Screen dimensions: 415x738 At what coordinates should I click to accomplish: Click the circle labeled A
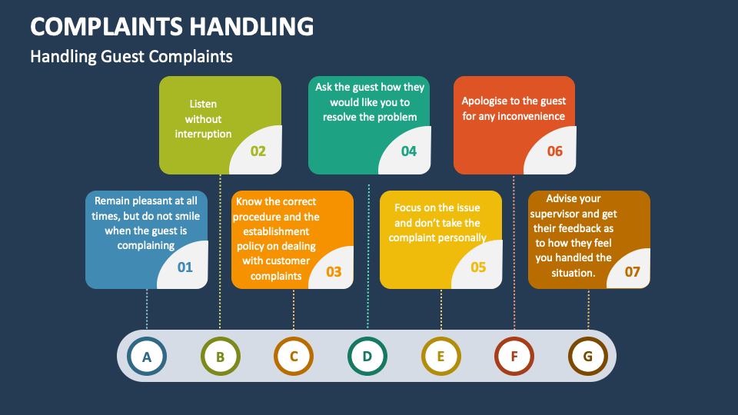147,357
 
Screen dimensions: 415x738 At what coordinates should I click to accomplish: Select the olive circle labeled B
220,357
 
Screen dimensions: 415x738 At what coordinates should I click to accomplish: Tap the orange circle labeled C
294,357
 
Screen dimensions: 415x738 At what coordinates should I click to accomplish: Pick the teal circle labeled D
367,357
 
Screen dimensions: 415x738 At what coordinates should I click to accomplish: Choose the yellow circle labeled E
441,357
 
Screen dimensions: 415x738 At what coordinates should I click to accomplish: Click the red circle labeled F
514,357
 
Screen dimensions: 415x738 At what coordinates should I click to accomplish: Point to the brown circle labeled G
588,357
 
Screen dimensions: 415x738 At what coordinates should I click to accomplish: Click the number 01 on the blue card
185,267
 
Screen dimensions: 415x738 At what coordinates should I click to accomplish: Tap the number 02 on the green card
258,151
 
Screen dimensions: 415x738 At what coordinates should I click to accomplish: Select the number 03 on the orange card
334,271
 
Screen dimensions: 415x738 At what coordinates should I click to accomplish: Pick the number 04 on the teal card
409,151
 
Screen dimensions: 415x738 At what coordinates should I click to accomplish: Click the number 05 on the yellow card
479,267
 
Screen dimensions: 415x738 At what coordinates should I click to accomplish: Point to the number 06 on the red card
555,151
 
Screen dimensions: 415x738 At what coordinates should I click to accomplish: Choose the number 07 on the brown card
632,271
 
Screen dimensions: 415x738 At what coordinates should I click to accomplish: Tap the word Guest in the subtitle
124,57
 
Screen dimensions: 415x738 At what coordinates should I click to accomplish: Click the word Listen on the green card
203,104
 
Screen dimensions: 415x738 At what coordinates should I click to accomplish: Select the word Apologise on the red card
487,101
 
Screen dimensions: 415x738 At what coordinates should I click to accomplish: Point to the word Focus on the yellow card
409,207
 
